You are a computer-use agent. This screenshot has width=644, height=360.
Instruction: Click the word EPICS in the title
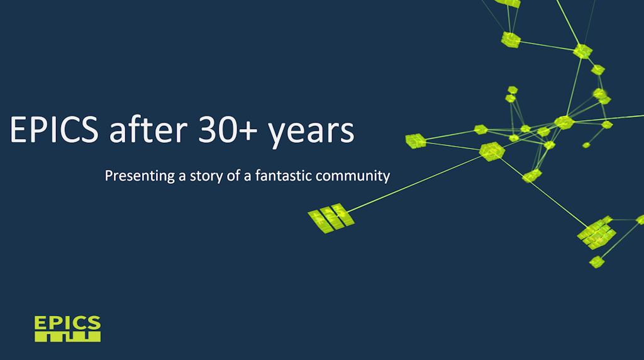[54, 130]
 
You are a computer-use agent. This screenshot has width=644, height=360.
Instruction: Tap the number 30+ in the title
[228, 130]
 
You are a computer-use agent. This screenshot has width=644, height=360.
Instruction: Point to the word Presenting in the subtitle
[140, 176]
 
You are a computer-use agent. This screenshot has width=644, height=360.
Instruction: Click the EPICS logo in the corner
[67, 329]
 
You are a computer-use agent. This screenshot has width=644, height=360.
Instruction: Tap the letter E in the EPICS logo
[40, 322]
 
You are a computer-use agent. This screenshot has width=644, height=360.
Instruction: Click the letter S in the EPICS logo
[94, 322]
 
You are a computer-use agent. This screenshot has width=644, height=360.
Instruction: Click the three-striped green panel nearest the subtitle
[331, 218]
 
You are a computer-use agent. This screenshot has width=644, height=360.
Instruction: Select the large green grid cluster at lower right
[596, 233]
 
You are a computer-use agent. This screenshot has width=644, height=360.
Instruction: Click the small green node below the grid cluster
[597, 261]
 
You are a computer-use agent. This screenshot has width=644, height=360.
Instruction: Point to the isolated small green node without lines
[587, 145]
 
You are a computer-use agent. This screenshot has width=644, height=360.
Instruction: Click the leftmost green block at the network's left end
[416, 141]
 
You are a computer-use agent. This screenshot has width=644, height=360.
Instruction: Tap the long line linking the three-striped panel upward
[414, 184]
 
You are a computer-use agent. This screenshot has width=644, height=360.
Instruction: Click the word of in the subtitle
[233, 176]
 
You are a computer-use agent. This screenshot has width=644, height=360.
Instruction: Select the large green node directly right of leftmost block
[492, 151]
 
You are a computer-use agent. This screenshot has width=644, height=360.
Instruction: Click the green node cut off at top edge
[508, 3]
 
